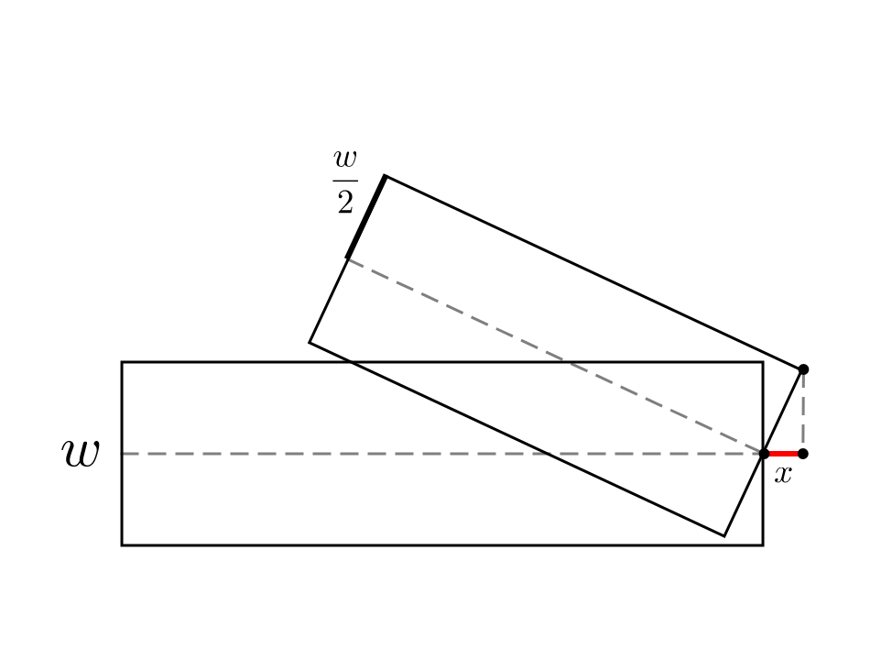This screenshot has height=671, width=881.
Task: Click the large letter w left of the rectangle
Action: [x=80, y=454]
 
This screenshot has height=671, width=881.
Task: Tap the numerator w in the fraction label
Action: [x=345, y=159]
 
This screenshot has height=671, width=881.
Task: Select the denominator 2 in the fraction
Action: [x=345, y=203]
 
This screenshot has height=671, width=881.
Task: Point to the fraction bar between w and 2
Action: [x=345, y=181]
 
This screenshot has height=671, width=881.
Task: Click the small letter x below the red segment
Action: [x=782, y=475]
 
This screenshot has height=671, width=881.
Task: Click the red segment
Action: [x=784, y=454]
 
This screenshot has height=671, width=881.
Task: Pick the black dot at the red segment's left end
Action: [x=764, y=454]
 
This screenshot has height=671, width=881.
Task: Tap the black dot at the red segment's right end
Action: [x=803, y=454]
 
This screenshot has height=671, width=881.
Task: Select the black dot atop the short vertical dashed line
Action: [x=803, y=369]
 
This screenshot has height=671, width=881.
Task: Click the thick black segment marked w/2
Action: [x=365, y=216]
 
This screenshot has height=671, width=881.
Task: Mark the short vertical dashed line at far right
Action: [x=803, y=412]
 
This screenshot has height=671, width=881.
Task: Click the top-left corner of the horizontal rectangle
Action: [x=122, y=362]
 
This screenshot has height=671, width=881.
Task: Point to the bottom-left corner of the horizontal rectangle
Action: [x=122, y=545]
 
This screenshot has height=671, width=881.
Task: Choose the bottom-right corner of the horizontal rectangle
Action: [x=763, y=545]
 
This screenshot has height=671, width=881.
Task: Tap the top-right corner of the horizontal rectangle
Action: [x=763, y=362]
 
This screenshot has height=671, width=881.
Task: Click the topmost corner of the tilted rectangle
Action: [x=385, y=175]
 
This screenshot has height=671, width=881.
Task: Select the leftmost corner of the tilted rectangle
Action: [x=310, y=343]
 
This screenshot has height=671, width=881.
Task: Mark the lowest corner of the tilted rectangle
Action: [x=724, y=535]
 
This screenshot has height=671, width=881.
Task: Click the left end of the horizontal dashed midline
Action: [x=123, y=454]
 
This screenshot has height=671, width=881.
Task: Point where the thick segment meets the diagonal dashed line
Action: [x=346, y=258]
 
